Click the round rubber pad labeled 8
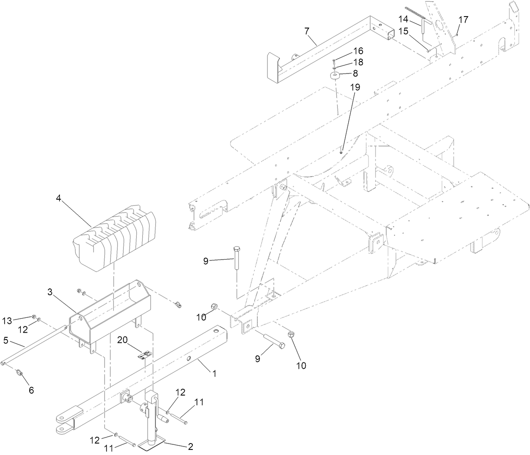coord(335,76)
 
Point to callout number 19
coord(355,87)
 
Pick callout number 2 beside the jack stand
coord(191,447)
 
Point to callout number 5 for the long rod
coord(6,340)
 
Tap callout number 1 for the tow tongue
coord(214,373)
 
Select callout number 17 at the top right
coord(463,19)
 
